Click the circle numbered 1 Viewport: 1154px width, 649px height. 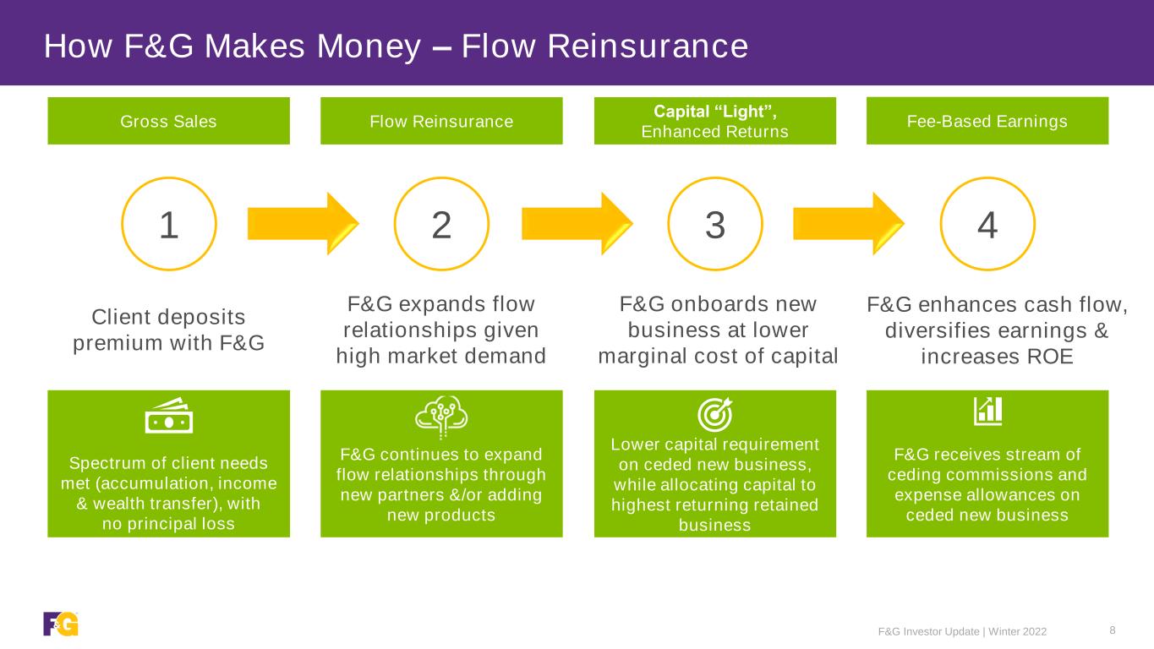(x=169, y=224)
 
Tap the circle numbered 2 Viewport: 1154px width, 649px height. (x=441, y=224)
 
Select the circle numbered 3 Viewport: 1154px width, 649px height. (x=715, y=224)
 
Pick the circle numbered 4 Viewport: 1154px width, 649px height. (x=987, y=224)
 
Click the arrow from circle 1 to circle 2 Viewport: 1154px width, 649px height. (x=303, y=224)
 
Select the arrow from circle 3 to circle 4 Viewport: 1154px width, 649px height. (x=848, y=224)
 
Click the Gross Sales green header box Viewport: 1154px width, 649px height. (x=168, y=121)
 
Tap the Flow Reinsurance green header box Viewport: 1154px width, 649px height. (x=441, y=121)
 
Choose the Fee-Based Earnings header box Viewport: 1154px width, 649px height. (x=987, y=121)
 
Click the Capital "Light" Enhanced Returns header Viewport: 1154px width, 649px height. (x=715, y=121)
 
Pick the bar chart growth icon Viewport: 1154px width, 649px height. (x=987, y=411)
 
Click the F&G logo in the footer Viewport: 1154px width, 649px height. (x=61, y=624)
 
